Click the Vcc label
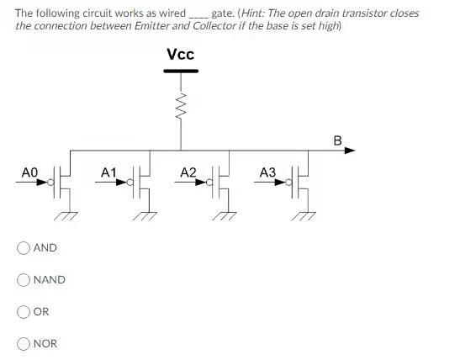pyautogui.click(x=180, y=55)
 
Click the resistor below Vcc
pyautogui.click(x=180, y=106)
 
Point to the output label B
pyautogui.click(x=337, y=140)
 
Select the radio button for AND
pyautogui.click(x=24, y=248)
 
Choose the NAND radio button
pyautogui.click(x=24, y=280)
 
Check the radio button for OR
pyautogui.click(x=24, y=311)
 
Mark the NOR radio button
pyautogui.click(x=24, y=343)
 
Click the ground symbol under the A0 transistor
pyautogui.click(x=65, y=215)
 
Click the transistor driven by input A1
pyautogui.click(x=143, y=183)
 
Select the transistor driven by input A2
pyautogui.click(x=222, y=183)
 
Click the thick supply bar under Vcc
pyautogui.click(x=180, y=71)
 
